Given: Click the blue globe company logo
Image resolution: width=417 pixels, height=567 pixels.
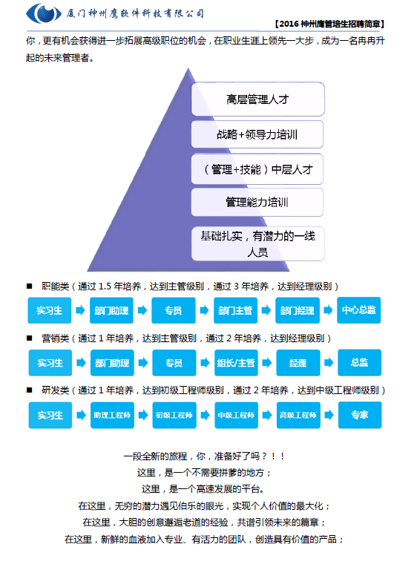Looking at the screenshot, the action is [44, 13].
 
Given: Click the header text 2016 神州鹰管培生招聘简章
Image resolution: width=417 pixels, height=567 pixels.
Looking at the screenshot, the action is [329, 24].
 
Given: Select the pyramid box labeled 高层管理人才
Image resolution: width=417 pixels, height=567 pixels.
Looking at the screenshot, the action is [257, 99].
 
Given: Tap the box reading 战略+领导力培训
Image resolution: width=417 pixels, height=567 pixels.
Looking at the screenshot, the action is [257, 134].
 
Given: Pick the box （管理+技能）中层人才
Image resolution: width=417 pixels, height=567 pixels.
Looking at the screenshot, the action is [257, 169].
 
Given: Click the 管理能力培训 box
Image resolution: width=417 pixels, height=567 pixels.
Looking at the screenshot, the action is [257, 202].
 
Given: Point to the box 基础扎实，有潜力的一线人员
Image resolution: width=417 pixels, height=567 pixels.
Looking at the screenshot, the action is [257, 243].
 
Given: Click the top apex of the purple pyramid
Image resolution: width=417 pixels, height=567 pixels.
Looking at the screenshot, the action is [188, 68].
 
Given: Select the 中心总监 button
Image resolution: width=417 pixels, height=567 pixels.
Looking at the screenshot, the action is [359, 310].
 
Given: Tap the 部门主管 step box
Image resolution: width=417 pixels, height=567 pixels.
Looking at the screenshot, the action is [235, 310].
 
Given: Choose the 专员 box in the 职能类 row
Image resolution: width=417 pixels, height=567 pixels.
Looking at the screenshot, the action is [173, 310].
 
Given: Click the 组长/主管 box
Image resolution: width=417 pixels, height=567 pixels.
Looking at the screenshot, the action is [236, 363].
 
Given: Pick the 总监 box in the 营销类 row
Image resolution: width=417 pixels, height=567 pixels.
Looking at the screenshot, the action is [359, 362].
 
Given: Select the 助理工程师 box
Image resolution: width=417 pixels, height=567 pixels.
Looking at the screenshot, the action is [112, 415].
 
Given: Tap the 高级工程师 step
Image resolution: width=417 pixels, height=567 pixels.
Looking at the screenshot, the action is [298, 415].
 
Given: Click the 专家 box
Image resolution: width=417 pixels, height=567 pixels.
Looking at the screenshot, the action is [360, 415].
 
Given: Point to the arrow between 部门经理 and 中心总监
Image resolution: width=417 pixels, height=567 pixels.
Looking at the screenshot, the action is [328, 310].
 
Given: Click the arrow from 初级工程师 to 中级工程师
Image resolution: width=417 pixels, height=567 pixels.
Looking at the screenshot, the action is [205, 415].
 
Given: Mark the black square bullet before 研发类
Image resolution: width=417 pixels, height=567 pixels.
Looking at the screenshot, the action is [29, 390].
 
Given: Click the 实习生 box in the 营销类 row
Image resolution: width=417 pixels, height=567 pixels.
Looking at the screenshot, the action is [50, 363].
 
